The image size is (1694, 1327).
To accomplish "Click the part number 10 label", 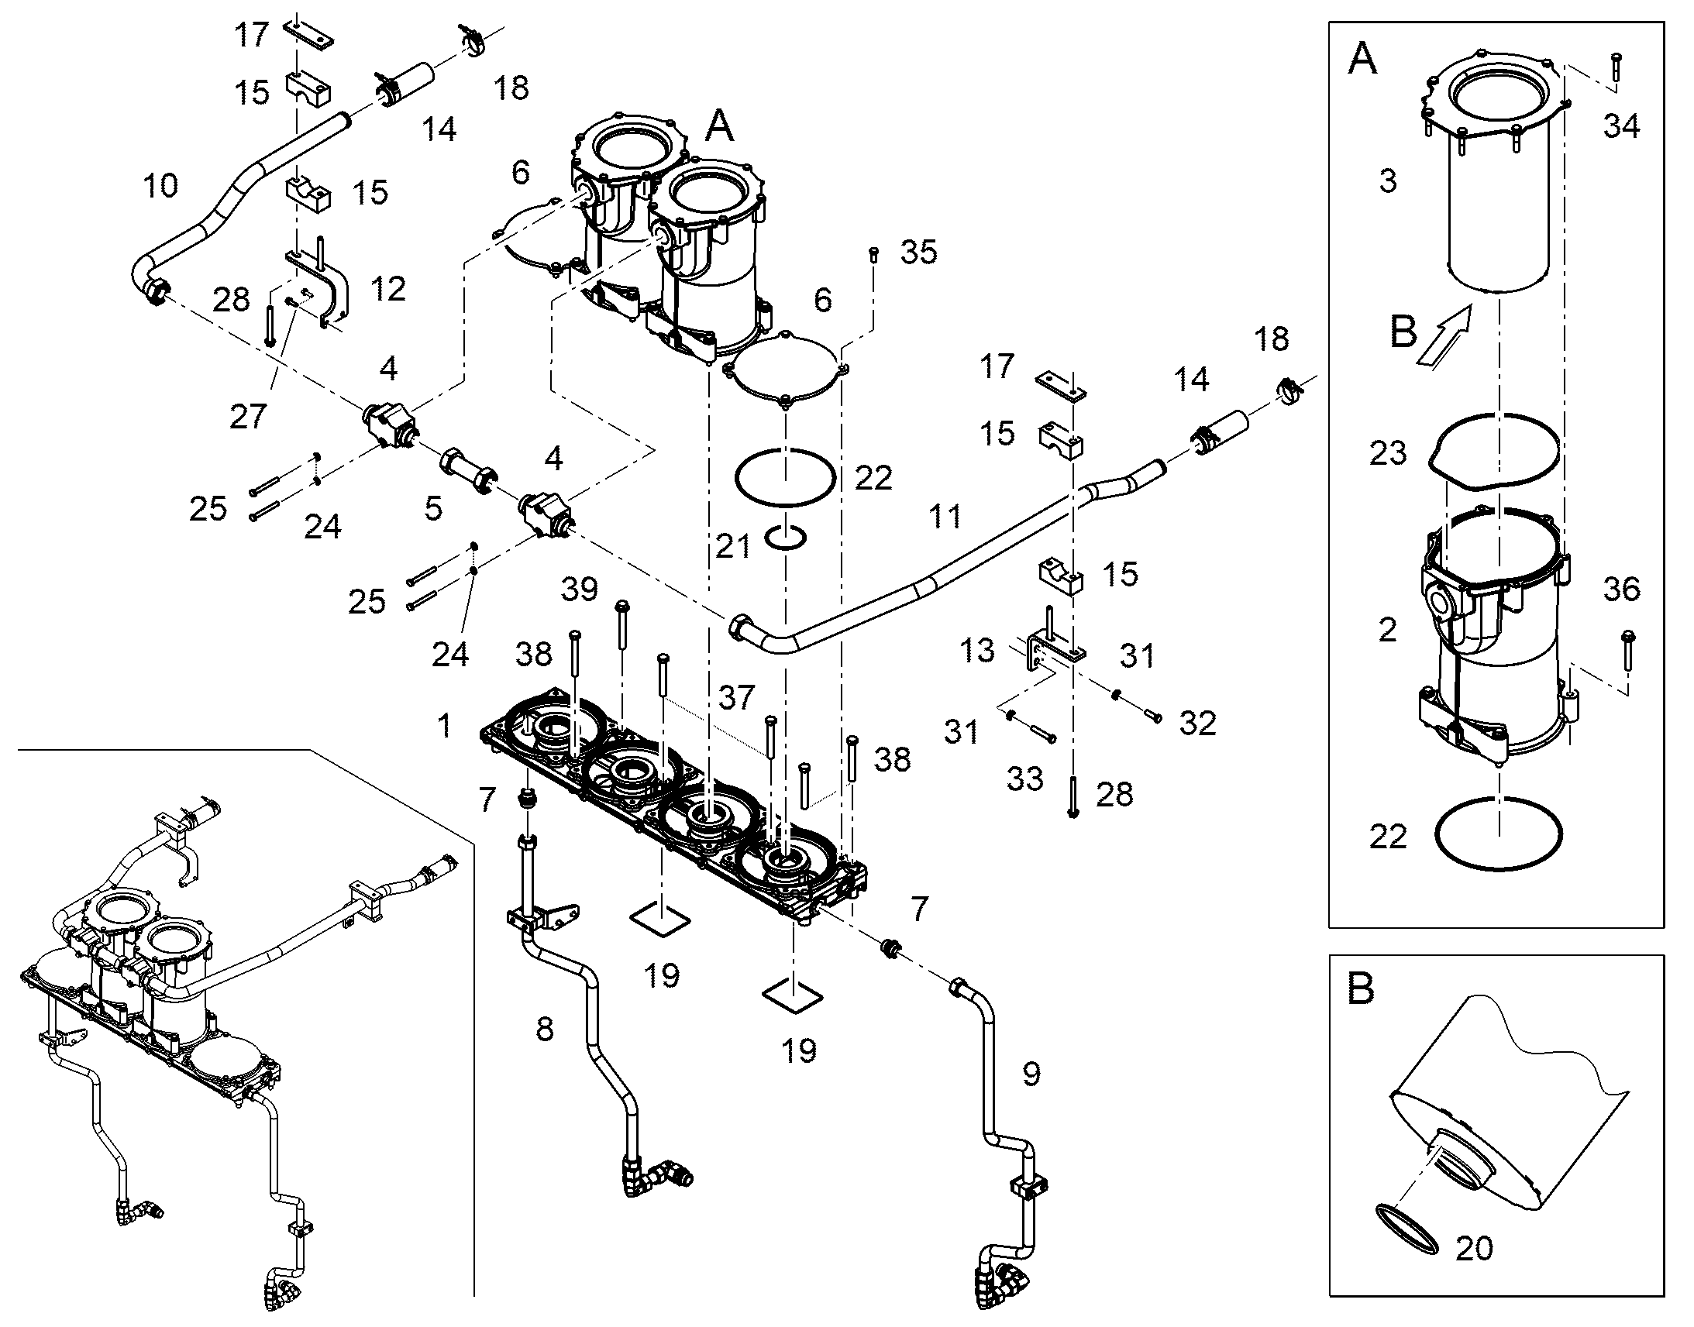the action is pyautogui.click(x=161, y=186).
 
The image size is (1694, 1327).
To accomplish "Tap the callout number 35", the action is pyautogui.click(x=918, y=252).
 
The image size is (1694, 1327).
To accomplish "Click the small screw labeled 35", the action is pyautogui.click(x=874, y=254).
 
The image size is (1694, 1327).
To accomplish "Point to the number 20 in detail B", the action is pyautogui.click(x=1473, y=1248).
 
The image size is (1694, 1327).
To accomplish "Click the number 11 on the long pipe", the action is pyautogui.click(x=945, y=517).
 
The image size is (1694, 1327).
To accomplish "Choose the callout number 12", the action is pyautogui.click(x=387, y=289).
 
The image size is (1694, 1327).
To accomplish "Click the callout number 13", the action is pyautogui.click(x=976, y=650).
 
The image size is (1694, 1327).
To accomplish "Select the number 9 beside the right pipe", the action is pyautogui.click(x=1031, y=1074).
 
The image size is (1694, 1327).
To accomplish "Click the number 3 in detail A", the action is pyautogui.click(x=1388, y=180).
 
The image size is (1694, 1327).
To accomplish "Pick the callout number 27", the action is pyautogui.click(x=248, y=418).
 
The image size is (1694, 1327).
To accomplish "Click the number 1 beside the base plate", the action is pyautogui.click(x=444, y=726).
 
